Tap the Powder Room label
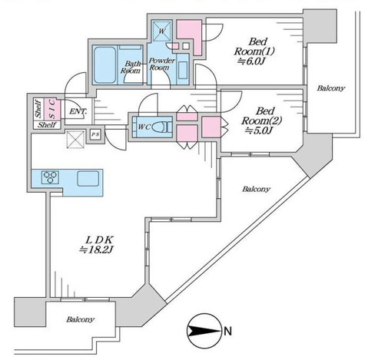pos(163,64)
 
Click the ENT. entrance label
pos(77,112)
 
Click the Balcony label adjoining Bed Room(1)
pos(329,89)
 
